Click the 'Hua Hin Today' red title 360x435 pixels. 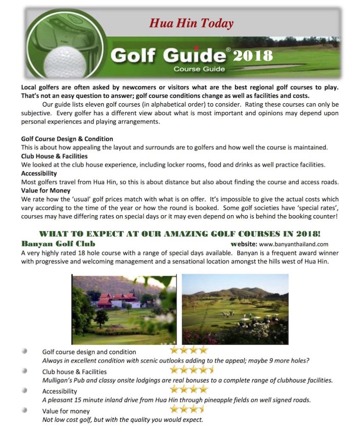[191, 23]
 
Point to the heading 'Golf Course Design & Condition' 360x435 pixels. [67, 139]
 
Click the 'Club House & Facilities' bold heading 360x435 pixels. [54, 156]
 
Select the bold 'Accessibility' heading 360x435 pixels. [39, 173]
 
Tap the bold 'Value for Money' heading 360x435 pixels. [46, 191]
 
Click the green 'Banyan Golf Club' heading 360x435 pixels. [58, 244]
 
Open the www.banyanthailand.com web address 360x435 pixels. [293, 244]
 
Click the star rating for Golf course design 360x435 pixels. [189, 350]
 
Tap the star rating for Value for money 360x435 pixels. [187, 409]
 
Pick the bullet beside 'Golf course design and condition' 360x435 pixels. [25, 351]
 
